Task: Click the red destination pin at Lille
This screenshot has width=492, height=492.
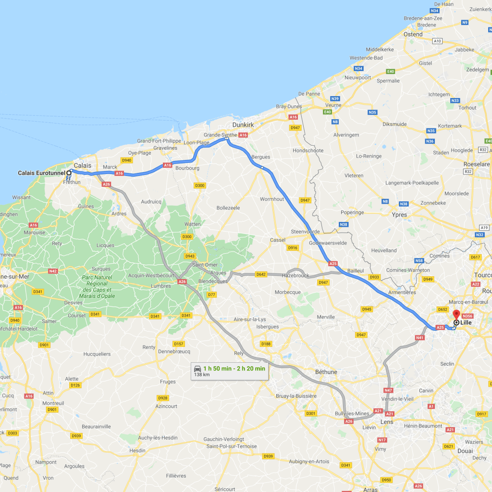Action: (456, 315)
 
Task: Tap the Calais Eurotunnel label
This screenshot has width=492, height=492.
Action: (41, 173)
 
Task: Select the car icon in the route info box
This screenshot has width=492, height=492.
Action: (197, 369)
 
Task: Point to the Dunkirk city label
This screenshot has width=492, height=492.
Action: (243, 124)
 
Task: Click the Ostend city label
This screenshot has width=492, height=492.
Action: (413, 35)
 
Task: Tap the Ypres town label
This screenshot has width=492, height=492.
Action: (399, 215)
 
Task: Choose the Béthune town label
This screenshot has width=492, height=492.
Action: (326, 372)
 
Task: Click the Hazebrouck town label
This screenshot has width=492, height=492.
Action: (295, 276)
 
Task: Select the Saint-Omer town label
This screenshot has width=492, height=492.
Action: (205, 265)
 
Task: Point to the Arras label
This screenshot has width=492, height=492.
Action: (370, 489)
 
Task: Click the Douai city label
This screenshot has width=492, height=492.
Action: (465, 451)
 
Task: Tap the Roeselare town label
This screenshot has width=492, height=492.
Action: (476, 163)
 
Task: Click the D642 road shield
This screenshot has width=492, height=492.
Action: (261, 274)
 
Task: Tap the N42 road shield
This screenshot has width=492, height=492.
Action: (53, 271)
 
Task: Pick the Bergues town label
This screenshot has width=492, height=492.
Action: (260, 157)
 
